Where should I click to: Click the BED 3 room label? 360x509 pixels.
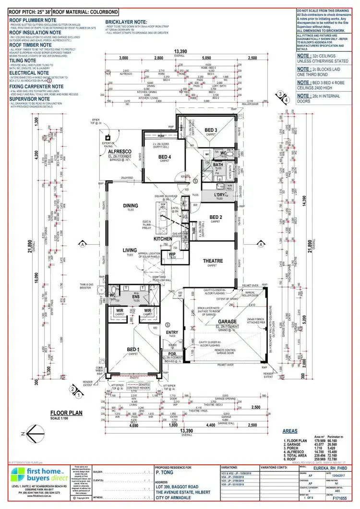[211, 130]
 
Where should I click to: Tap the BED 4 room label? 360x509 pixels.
[165, 157]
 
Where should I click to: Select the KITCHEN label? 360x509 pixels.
[163, 238]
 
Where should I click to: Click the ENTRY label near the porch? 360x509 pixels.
[172, 332]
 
